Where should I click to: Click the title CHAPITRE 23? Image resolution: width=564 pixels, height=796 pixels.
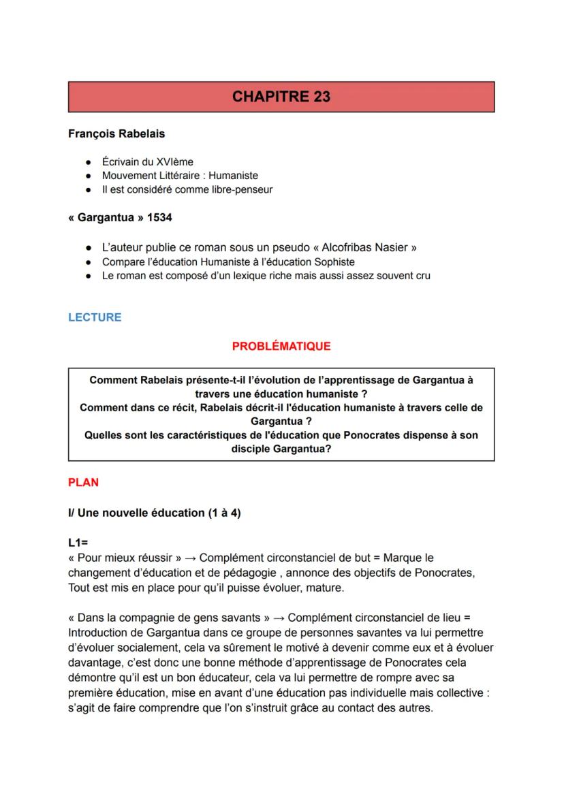tap(281, 97)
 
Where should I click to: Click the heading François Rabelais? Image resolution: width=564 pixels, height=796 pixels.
tap(116, 133)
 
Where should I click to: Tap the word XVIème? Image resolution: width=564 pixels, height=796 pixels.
tap(176, 162)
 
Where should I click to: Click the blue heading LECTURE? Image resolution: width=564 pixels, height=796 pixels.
tap(95, 317)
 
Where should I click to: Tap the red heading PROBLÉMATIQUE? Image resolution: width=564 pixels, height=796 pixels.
tap(281, 346)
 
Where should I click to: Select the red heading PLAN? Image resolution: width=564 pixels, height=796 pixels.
tap(83, 482)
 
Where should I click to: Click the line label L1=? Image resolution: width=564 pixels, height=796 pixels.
tap(78, 543)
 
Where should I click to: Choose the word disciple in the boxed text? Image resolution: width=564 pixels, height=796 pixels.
tap(251, 449)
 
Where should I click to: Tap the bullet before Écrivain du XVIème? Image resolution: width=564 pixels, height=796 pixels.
tap(89, 162)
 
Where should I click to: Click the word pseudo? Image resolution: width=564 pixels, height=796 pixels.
tap(310, 248)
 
